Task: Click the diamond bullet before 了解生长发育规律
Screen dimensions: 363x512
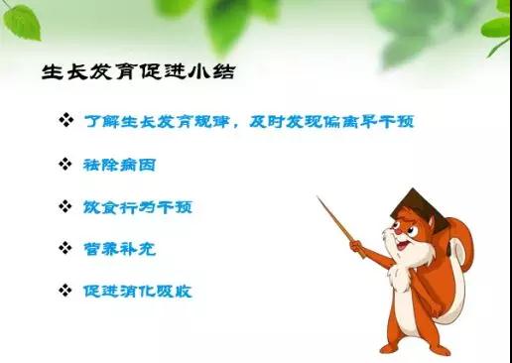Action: pyautogui.click(x=66, y=121)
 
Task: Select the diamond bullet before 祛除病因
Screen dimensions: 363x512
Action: pyautogui.click(x=66, y=164)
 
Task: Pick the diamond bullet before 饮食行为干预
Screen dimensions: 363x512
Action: pyautogui.click(x=66, y=207)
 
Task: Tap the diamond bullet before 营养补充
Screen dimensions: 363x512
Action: pyautogui.click(x=66, y=250)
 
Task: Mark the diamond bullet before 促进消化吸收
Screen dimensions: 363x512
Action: pyautogui.click(x=66, y=292)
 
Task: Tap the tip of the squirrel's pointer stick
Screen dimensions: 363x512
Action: pyautogui.click(x=319, y=198)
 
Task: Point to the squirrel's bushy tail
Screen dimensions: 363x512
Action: pyautogui.click(x=465, y=268)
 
